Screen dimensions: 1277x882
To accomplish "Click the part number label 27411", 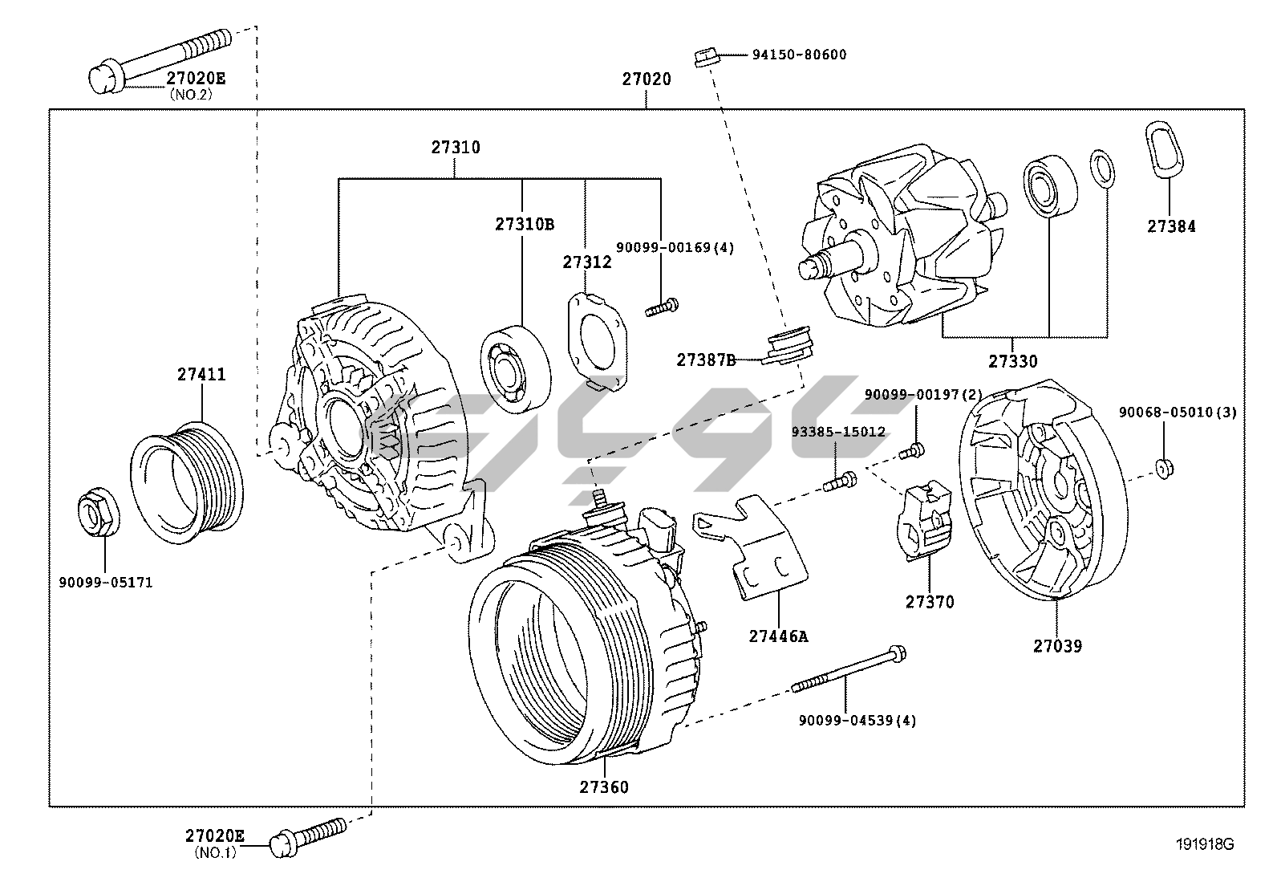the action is tap(201, 374).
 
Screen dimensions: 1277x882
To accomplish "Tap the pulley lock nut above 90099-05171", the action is tap(99, 511).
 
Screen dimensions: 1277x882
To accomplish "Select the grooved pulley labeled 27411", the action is tap(186, 482).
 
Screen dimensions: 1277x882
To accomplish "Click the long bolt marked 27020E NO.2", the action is tap(160, 61).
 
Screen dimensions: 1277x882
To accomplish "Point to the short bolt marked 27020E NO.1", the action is tap(307, 837).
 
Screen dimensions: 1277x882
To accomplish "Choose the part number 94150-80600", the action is tap(799, 55).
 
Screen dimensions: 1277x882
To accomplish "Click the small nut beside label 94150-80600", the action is tap(707, 58).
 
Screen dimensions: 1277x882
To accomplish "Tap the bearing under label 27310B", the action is tap(515, 369).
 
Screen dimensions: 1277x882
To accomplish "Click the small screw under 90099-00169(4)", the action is tap(662, 307).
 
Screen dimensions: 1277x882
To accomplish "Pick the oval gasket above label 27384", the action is tap(1164, 149).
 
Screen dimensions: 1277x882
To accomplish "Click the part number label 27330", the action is tap(1013, 361).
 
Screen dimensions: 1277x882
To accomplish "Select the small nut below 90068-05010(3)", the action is tap(1165, 469).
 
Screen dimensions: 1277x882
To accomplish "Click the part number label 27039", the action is tap(1057, 646).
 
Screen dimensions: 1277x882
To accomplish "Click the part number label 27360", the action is tap(604, 787).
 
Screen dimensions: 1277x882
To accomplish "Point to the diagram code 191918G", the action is tap(1205, 844).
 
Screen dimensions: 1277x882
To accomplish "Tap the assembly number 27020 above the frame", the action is tap(647, 79).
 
